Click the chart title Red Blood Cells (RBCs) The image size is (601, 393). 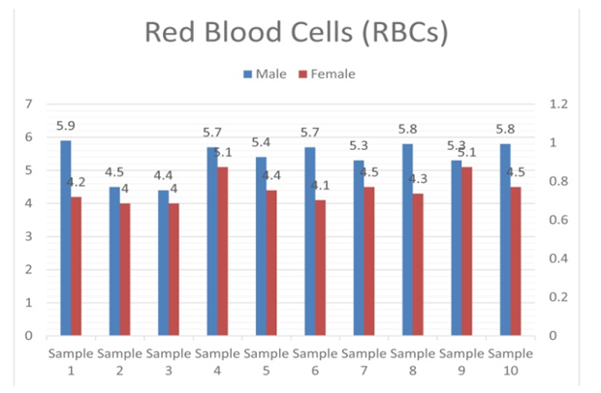[296, 32]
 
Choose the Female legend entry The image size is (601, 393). [326, 74]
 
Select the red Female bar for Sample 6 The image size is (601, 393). [320, 268]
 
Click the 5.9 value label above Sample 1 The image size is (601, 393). [66, 126]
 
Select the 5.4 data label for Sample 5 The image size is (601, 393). [260, 142]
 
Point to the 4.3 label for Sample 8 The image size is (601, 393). [419, 179]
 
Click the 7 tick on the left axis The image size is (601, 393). [29, 104]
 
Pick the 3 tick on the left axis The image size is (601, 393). [29, 236]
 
